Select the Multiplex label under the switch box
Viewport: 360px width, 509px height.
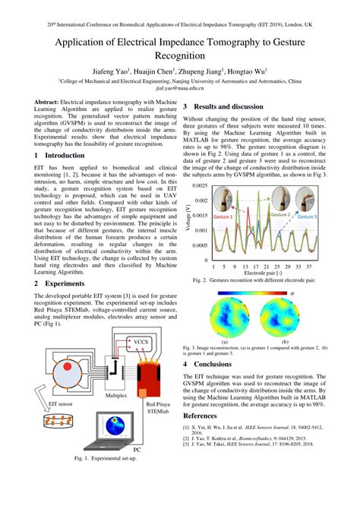pos(116,396)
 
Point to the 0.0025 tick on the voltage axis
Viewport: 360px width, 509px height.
pos(201,185)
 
